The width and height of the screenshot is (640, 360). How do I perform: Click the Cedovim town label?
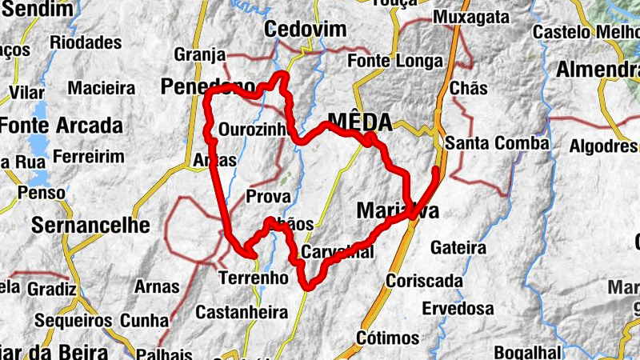306,30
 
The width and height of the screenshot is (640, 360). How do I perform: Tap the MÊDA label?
360,122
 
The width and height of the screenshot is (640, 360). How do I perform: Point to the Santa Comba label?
498,144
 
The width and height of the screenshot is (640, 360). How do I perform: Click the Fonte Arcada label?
62,126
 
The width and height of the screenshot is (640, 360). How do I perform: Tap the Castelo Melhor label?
585,33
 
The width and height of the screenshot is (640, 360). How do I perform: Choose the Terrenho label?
253,278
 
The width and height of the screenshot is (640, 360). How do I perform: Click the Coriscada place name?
424,281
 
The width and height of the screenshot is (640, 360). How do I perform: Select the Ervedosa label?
458,308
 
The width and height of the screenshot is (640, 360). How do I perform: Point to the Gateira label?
458,248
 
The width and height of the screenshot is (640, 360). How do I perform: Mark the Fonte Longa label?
395,61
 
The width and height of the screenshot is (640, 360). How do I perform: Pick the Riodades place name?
85,42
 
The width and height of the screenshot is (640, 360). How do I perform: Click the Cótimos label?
389,337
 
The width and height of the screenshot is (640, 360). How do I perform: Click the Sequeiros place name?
74,321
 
